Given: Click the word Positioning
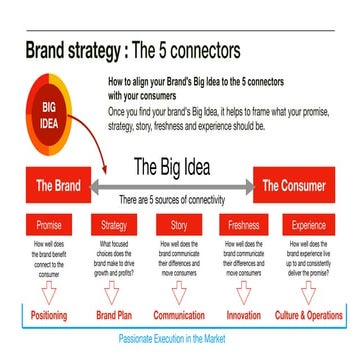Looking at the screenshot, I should coord(49,315).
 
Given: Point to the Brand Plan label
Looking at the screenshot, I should coord(115,315).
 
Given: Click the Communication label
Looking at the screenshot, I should coord(178,315).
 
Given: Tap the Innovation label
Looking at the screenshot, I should coord(243,315).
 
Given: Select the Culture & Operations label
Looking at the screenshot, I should coord(309,315).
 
